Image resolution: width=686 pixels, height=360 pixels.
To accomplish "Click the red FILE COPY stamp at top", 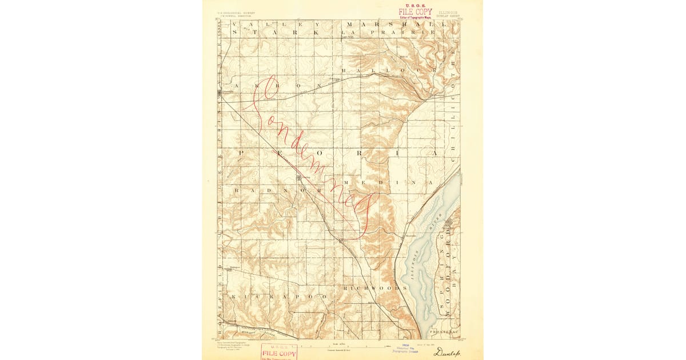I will [416, 11].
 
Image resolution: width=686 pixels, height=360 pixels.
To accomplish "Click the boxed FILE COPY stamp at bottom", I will [279, 353].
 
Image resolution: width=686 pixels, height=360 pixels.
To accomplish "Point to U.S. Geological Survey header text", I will [236, 11].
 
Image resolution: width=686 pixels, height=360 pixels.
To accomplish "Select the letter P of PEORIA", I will [241, 153].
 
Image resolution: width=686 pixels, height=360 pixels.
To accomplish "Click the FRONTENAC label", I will [445, 332].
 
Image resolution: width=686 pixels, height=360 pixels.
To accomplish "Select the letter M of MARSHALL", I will [349, 25].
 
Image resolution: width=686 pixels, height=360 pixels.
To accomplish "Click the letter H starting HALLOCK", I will [344, 70].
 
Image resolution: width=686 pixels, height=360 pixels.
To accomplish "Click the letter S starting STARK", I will [235, 33].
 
